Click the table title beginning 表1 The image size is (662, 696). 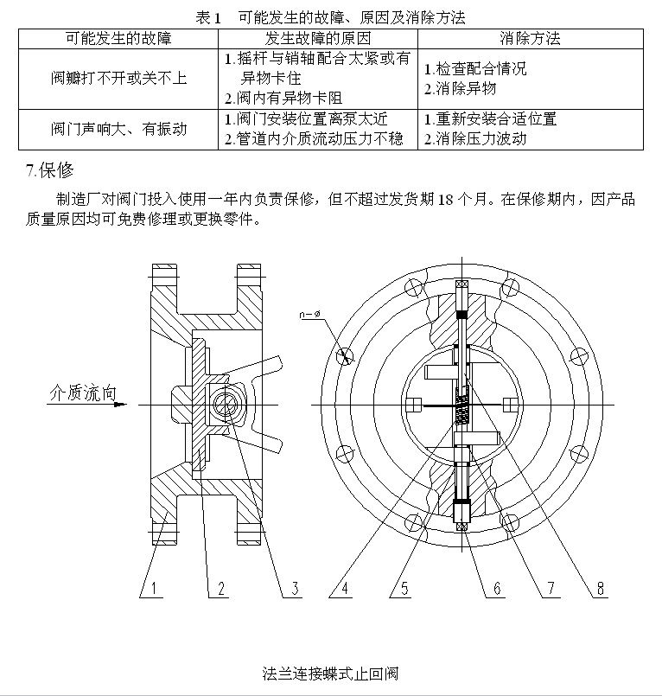(x=330, y=17)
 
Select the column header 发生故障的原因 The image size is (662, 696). (x=317, y=39)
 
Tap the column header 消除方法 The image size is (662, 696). (x=530, y=39)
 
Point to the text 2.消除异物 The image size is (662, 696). (x=461, y=88)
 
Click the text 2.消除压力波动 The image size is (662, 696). (x=475, y=138)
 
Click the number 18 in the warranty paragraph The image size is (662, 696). (x=446, y=200)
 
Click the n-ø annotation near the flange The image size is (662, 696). (x=328, y=315)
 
